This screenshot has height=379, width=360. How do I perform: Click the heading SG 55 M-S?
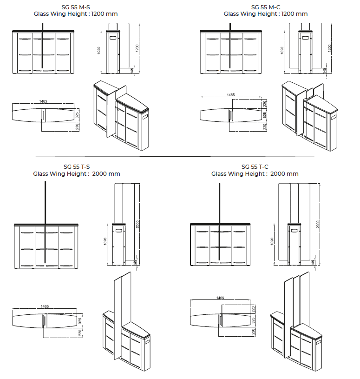76,7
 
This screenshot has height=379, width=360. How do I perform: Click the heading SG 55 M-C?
266,7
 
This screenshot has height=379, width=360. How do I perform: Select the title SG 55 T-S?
77,167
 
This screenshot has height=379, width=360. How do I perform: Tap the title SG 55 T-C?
255,167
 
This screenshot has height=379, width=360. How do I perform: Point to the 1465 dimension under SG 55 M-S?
43,101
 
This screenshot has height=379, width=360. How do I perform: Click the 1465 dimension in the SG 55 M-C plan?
230,95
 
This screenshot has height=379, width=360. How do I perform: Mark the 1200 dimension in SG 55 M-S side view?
137,48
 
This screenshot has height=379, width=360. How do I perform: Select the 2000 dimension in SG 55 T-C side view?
318,224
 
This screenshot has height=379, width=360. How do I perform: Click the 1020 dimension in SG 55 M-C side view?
282,50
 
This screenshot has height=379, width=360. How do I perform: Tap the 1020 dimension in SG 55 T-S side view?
105,241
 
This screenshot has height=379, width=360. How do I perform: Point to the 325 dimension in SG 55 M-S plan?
77,115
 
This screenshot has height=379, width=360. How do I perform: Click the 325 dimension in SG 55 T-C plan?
253,320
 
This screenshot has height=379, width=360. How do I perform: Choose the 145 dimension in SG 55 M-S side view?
132,70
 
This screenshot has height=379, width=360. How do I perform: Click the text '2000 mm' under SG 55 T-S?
106,174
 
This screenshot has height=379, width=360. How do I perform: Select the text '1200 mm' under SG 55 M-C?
295,14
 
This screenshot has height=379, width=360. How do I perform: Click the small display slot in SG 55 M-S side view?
113,38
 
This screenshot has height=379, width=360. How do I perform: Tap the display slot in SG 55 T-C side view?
294,230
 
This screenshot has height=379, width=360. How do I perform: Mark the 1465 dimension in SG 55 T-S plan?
45,306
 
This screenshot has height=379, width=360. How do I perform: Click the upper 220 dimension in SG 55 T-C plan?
253,309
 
